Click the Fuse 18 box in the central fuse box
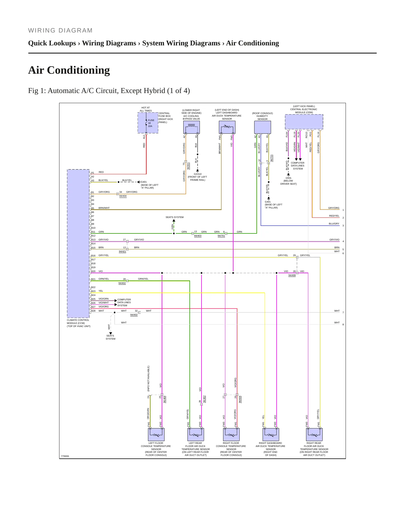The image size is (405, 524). click(x=148, y=123)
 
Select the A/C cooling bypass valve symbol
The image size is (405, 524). click(x=191, y=127)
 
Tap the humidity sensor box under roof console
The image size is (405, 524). click(x=263, y=127)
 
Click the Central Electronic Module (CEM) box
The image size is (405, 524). click(x=304, y=122)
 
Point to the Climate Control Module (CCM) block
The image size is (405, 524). click(x=78, y=244)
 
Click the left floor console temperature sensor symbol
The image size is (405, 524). click(x=156, y=434)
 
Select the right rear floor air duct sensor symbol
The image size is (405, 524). click(x=314, y=434)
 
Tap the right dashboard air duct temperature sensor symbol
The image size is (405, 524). click(x=271, y=434)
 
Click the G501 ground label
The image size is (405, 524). click(x=288, y=178)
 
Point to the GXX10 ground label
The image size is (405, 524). click(x=198, y=174)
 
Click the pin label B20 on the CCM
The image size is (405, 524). click(x=93, y=271)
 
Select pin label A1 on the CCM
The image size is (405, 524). click(x=93, y=173)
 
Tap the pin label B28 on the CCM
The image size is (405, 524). click(x=93, y=311)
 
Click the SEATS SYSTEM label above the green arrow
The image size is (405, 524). click(x=175, y=217)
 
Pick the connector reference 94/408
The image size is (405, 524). click(x=292, y=275)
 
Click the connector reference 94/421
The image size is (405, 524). click(x=122, y=251)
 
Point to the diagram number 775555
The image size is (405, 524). click(x=65, y=456)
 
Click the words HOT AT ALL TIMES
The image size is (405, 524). click(x=146, y=109)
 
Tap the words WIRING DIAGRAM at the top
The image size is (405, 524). click(x=60, y=30)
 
